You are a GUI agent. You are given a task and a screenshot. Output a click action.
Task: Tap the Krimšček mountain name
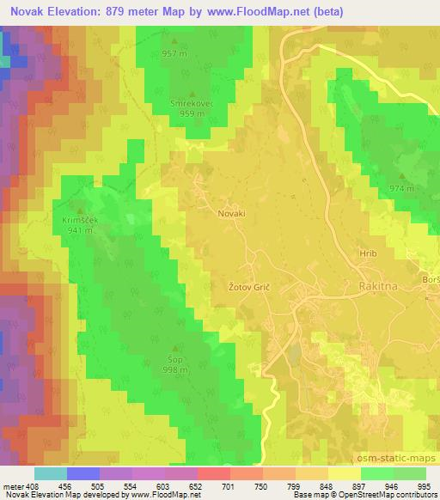coord(80,220)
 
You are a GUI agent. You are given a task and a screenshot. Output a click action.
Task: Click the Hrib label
coord(368,255)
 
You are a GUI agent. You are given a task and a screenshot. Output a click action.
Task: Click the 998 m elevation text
coord(174,371)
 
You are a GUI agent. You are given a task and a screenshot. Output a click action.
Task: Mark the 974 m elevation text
coord(401,188)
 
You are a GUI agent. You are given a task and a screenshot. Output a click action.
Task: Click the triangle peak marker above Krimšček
coord(81,210)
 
